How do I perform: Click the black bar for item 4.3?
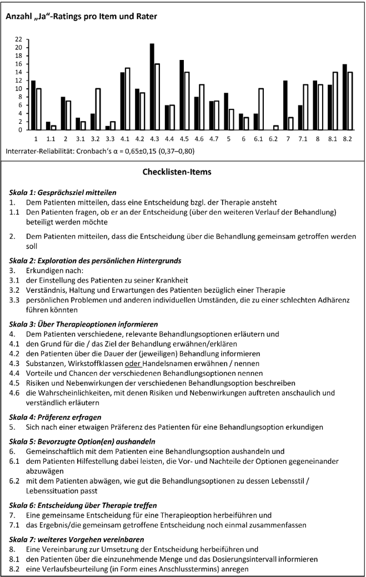(x=152, y=87)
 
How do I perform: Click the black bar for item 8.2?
(x=345, y=97)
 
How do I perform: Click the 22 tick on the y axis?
(x=19, y=39)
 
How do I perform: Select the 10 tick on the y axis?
(x=19, y=89)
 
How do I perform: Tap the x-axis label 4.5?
(x=185, y=138)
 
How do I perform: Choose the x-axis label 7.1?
(x=304, y=138)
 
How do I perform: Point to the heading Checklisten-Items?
(x=183, y=172)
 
